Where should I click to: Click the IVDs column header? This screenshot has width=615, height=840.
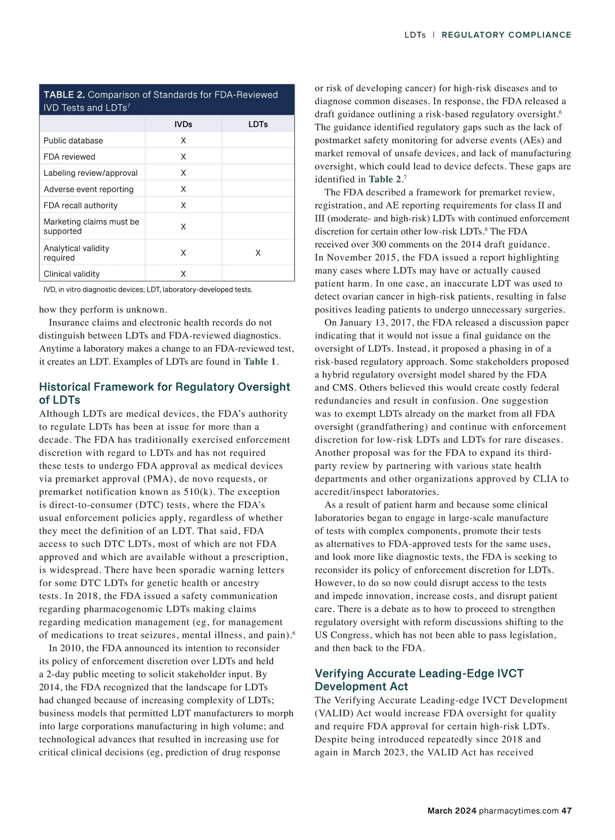pos(183,124)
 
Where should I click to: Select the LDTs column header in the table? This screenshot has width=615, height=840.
pos(258,124)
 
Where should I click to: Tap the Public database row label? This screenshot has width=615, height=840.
pos(73,141)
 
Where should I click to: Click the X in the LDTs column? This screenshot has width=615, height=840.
pos(258,253)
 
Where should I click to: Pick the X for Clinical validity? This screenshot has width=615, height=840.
pos(183,274)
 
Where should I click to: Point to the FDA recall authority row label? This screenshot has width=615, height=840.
pos(80,205)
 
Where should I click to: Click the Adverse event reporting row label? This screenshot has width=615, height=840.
pos(89,189)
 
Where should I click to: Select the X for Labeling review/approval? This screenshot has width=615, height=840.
pos(183,173)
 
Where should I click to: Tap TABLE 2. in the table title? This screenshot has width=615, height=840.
pos(64,95)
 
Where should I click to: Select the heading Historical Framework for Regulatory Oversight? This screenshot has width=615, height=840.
pos(165,387)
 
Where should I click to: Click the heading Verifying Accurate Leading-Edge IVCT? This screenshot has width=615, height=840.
pos(419,673)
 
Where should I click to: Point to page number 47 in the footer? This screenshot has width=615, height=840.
pos(566,811)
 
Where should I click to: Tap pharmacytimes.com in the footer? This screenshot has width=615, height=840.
pos(518,811)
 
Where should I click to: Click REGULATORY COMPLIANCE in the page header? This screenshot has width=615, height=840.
pos(506,35)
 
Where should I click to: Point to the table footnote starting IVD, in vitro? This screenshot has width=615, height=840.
pos(148,290)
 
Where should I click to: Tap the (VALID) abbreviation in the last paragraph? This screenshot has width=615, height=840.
pos(333,713)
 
